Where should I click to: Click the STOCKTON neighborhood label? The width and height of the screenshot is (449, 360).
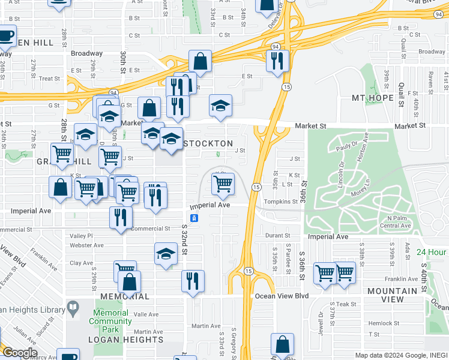(x=207, y=144)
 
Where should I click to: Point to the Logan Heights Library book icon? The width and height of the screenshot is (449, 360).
(x=73, y=309)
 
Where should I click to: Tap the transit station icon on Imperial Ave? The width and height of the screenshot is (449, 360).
(x=194, y=217)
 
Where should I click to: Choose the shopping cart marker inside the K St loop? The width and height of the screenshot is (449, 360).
(x=223, y=184)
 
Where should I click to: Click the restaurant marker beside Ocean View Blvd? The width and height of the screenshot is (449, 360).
(x=193, y=280)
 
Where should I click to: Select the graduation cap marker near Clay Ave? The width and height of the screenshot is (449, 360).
(x=166, y=253)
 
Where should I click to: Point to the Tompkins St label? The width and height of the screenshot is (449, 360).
(x=282, y=202)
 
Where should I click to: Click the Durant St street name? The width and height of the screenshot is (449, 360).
(x=277, y=236)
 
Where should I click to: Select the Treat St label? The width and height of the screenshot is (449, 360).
(x=49, y=79)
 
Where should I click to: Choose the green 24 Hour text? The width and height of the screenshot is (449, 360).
(x=432, y=252)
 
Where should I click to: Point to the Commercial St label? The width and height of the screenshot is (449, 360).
(x=151, y=229)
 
